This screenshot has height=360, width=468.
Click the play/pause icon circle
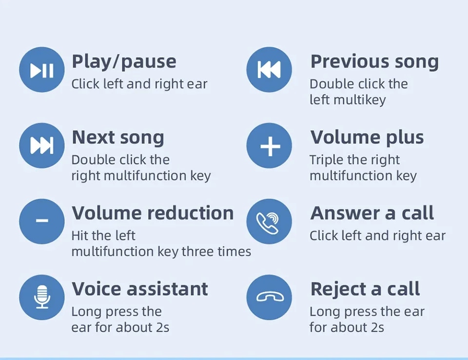click(x=42, y=70)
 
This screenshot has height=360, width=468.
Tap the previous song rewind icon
click(x=269, y=70)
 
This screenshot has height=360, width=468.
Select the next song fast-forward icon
click(x=42, y=145)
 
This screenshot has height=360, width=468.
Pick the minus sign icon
click(x=42, y=221)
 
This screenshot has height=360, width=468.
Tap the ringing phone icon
click(x=268, y=223)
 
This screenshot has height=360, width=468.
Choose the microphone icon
click(x=42, y=297)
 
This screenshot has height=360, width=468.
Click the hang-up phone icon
click(x=270, y=297)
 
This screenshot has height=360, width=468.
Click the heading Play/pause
click(x=124, y=62)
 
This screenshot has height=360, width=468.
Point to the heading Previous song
click(x=374, y=62)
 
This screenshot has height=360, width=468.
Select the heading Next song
click(x=118, y=138)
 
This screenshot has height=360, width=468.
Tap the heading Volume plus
click(x=367, y=138)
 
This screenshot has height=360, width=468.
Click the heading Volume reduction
click(x=153, y=213)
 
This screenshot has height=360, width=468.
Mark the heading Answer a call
click(x=372, y=213)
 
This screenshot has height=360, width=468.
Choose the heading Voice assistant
click(x=140, y=289)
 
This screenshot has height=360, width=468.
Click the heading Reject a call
click(x=365, y=289)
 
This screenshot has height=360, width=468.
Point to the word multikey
click(x=360, y=100)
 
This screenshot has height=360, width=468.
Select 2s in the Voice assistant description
click(x=163, y=327)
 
